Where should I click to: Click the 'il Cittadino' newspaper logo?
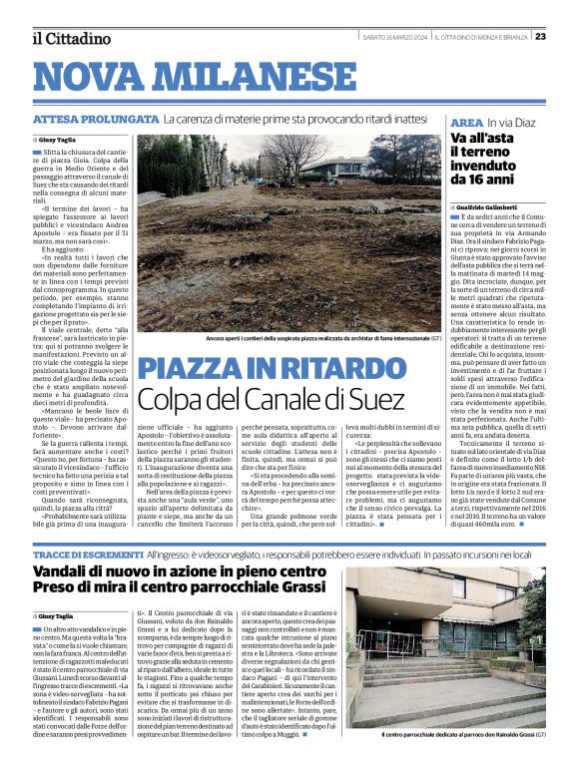click(x=70, y=38)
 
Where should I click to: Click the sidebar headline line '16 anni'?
click(x=476, y=182)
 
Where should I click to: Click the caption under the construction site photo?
click(x=310, y=338)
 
